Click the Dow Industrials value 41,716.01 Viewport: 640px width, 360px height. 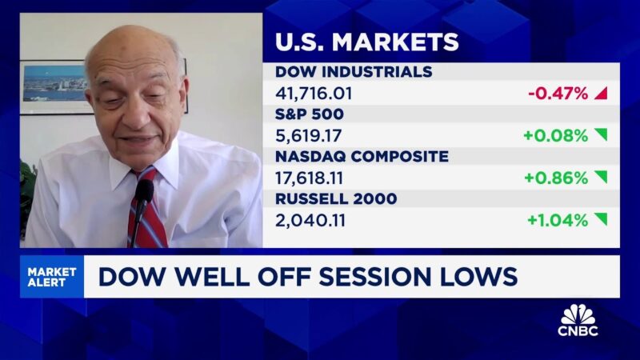tap(314, 94)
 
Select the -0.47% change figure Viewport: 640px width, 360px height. tap(558, 94)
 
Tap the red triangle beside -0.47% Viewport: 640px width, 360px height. tap(601, 93)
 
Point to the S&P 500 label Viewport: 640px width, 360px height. tap(310, 114)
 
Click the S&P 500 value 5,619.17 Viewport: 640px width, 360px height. tap(309, 136)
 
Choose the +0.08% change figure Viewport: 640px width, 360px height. tap(556, 135)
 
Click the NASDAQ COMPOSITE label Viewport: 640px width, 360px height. tap(362, 156)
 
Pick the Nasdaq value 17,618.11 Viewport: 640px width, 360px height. tap(309, 178)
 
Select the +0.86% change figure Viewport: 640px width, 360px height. tap(556, 178)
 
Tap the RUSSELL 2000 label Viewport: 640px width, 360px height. tap(336, 198)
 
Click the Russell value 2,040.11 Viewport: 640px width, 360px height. tap(310, 221)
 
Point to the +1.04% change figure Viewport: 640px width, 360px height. tap(558, 221)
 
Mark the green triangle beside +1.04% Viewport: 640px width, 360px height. tap(602, 218)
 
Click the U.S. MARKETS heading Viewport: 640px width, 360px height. tap(367, 42)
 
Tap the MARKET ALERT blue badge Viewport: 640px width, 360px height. tap(52, 277)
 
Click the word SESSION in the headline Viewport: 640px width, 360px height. tap(374, 277)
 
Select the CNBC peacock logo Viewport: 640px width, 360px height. tap(578, 321)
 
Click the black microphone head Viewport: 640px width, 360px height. tap(144, 190)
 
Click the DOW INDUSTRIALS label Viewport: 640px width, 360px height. tap(354, 72)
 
